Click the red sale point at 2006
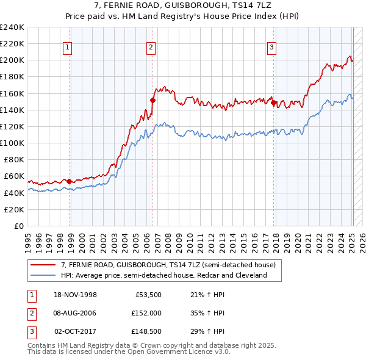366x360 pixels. pyautogui.click(x=153, y=100)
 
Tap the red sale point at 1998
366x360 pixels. pyautogui.click(x=70, y=181)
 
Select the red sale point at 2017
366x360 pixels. pyautogui.click(x=274, y=103)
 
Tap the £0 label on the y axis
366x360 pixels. pyautogui.click(x=19, y=226)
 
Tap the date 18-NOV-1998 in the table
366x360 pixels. pyautogui.click(x=75, y=295)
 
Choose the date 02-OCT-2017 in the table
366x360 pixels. pyautogui.click(x=75, y=331)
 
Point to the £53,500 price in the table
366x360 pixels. pyautogui.click(x=146, y=295)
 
